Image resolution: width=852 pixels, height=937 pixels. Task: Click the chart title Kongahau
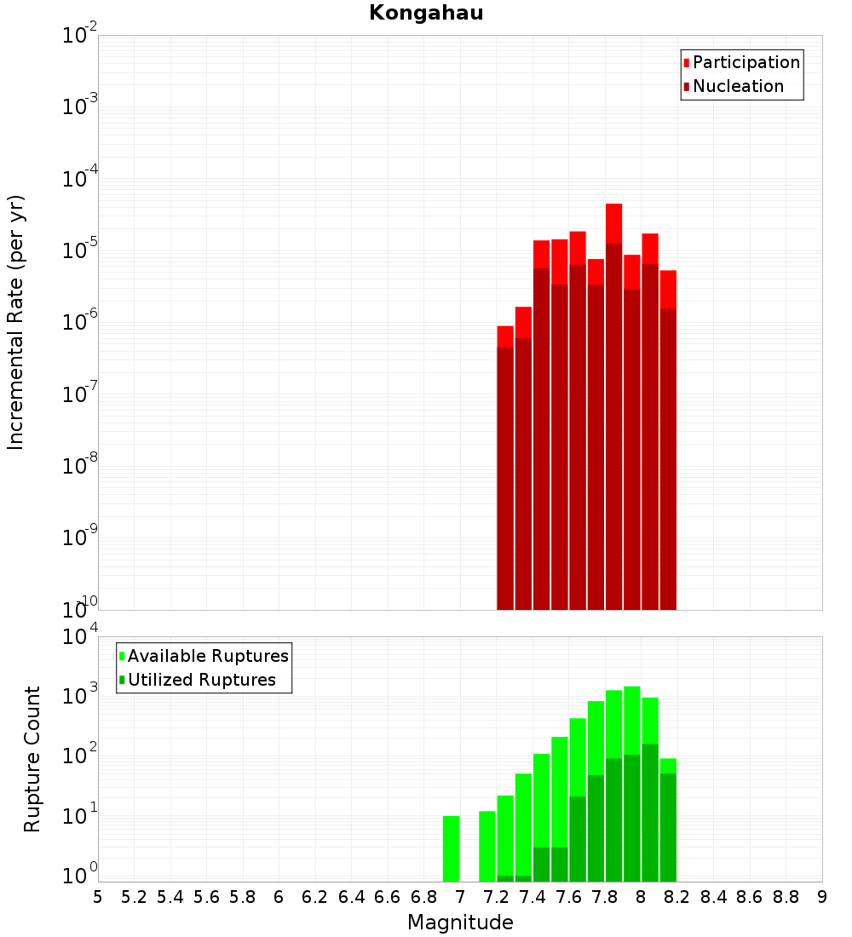[x=426, y=13]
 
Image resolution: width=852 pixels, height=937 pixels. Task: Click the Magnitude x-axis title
[x=460, y=923]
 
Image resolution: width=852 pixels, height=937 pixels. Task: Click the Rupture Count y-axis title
[x=32, y=759]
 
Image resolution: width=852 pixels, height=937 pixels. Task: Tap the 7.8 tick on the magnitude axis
[x=605, y=897]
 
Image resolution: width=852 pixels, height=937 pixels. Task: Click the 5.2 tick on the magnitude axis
[x=134, y=897]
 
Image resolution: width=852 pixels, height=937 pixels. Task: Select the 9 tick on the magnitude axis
[x=822, y=897]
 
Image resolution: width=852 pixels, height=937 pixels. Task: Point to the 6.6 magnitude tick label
[x=388, y=897]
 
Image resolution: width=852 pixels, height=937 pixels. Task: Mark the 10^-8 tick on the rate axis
[x=80, y=467]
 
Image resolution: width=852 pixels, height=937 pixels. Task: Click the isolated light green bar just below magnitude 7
[x=451, y=848]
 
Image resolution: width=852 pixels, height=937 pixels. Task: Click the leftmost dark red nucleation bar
[x=505, y=477]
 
